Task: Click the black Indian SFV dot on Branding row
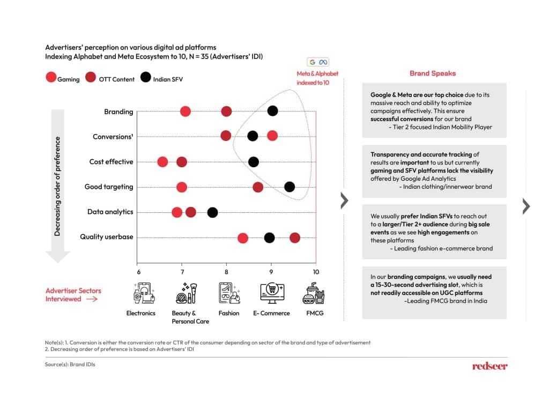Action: pyautogui.click(x=272, y=111)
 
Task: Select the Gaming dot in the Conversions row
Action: pyautogui.click(x=272, y=136)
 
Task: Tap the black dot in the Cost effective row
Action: pyautogui.click(x=253, y=162)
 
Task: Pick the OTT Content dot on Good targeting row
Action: pyautogui.click(x=258, y=188)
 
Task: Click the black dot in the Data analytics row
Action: pyautogui.click(x=212, y=212)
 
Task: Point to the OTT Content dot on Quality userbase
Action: pyautogui.click(x=294, y=238)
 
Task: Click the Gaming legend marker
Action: pyautogui.click(x=51, y=77)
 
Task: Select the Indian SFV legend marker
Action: pyautogui.click(x=146, y=77)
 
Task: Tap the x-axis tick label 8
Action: pyautogui.click(x=226, y=272)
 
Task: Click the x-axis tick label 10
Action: pyautogui.click(x=316, y=272)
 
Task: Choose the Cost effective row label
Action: pyautogui.click(x=111, y=162)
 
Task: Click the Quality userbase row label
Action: pyautogui.click(x=107, y=237)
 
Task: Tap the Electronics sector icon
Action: pyautogui.click(x=144, y=293)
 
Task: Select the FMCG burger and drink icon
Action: pyautogui.click(x=314, y=293)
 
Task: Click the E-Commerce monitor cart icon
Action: pyautogui.click(x=272, y=293)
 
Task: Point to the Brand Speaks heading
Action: pyautogui.click(x=433, y=73)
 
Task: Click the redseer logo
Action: pyautogui.click(x=489, y=366)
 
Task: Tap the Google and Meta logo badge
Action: pyautogui.click(x=318, y=62)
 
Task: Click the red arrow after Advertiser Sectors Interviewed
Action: pyautogui.click(x=92, y=299)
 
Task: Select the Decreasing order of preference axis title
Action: pyautogui.click(x=57, y=187)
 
